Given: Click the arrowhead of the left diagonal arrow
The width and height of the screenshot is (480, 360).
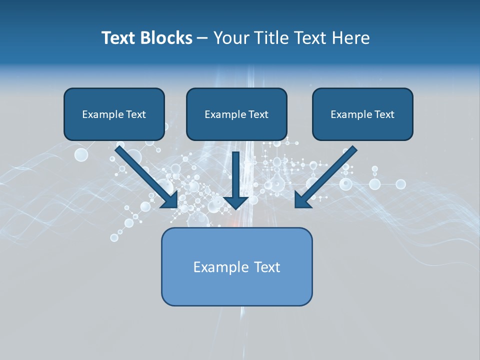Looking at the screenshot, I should tap(170, 200).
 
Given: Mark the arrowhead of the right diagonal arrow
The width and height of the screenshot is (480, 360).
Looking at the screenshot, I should tap(303, 199).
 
